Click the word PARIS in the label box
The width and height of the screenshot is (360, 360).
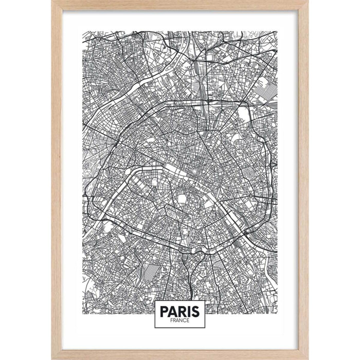180,311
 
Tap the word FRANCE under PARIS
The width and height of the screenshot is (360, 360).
180,320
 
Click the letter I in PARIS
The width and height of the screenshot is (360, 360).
189,311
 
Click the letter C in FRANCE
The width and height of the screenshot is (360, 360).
184,320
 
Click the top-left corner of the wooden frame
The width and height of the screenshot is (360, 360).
52,1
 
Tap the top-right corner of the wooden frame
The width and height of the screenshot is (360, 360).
308,1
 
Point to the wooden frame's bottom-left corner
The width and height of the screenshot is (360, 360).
52,359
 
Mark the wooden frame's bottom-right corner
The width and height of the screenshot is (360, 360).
308,359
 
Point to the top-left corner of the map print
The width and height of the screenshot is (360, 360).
83,31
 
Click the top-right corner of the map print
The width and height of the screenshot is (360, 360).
277,31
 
